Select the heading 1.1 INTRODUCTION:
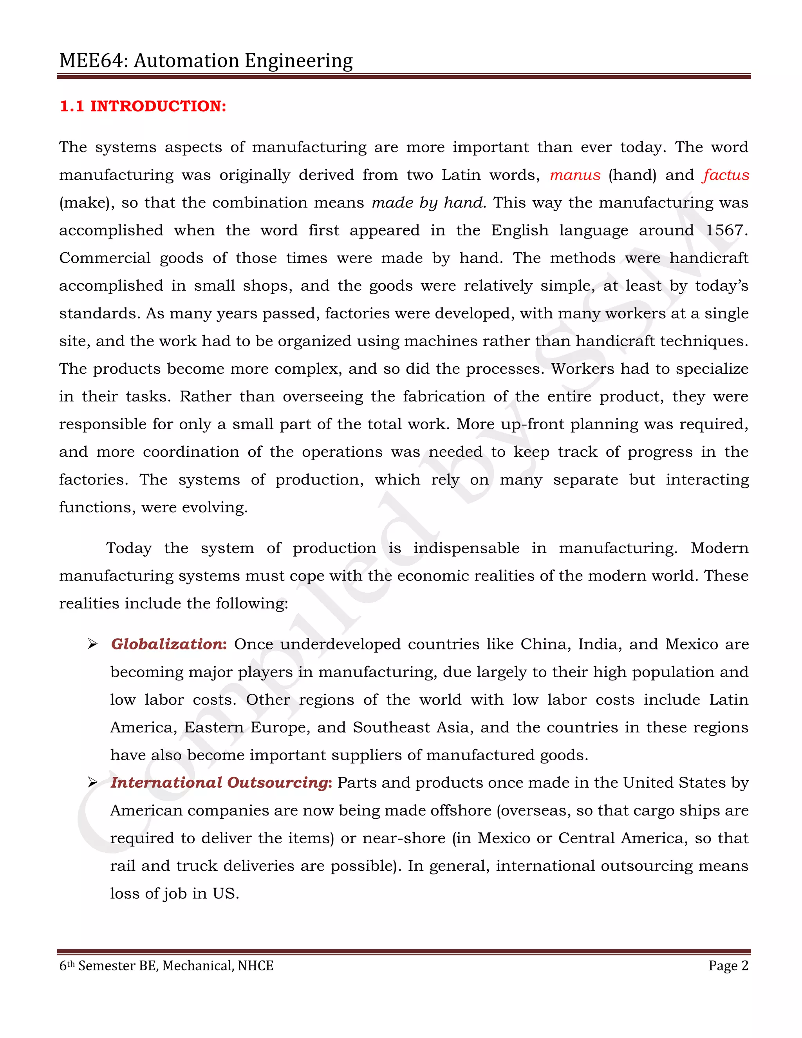143,106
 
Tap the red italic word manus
575,175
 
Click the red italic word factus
726,175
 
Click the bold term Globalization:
169,644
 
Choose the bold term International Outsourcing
221,783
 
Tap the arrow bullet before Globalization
93,644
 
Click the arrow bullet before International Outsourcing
93,783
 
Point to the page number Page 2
728,966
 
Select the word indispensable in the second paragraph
466,548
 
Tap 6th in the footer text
67,966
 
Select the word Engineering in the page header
298,61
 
